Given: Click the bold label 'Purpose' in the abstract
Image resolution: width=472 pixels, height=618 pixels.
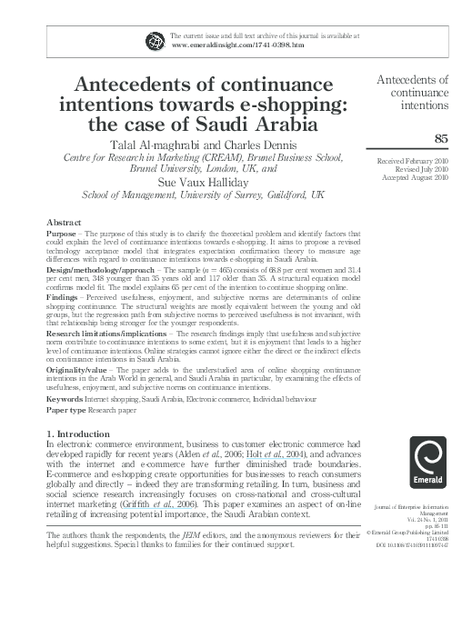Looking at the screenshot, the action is point(63,234).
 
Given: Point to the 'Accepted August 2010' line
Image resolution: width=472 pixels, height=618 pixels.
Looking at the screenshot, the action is point(417,178).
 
